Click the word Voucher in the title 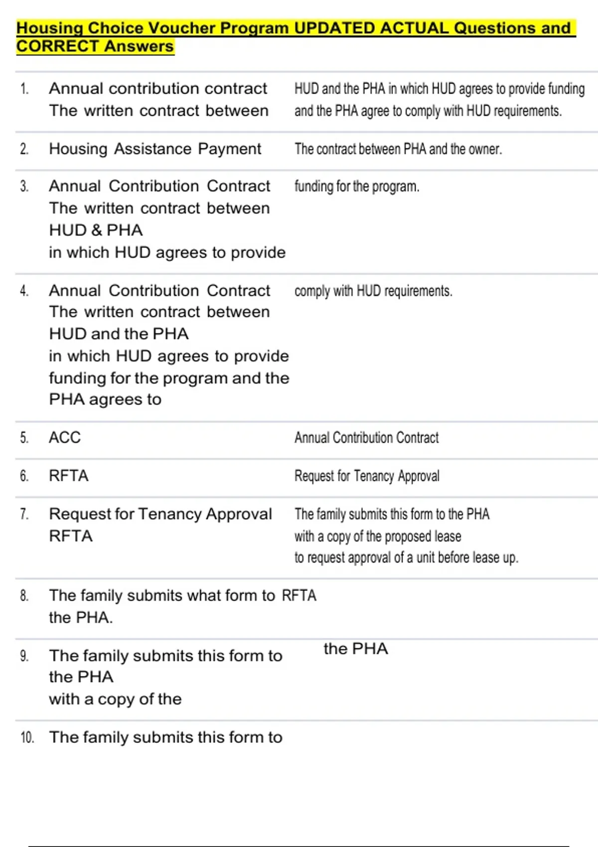coord(181,28)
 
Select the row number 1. coord(24,89)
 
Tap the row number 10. coord(27,737)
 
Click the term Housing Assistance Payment coord(154,149)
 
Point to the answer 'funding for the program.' coord(357,186)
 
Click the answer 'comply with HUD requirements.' coord(373,291)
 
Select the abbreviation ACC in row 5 coord(65,437)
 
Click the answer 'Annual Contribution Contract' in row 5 coord(366,438)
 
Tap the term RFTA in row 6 coord(69,476)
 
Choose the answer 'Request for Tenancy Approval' coord(367,476)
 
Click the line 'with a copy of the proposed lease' coord(378,537)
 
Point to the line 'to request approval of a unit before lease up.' coord(406,558)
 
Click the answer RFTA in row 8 coord(299,595)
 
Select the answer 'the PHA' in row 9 coord(355,649)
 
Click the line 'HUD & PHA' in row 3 coord(96,230)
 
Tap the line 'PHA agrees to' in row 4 coord(105,400)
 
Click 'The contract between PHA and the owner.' coord(398,149)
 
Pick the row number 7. coord(24,514)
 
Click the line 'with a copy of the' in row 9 coord(115,699)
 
